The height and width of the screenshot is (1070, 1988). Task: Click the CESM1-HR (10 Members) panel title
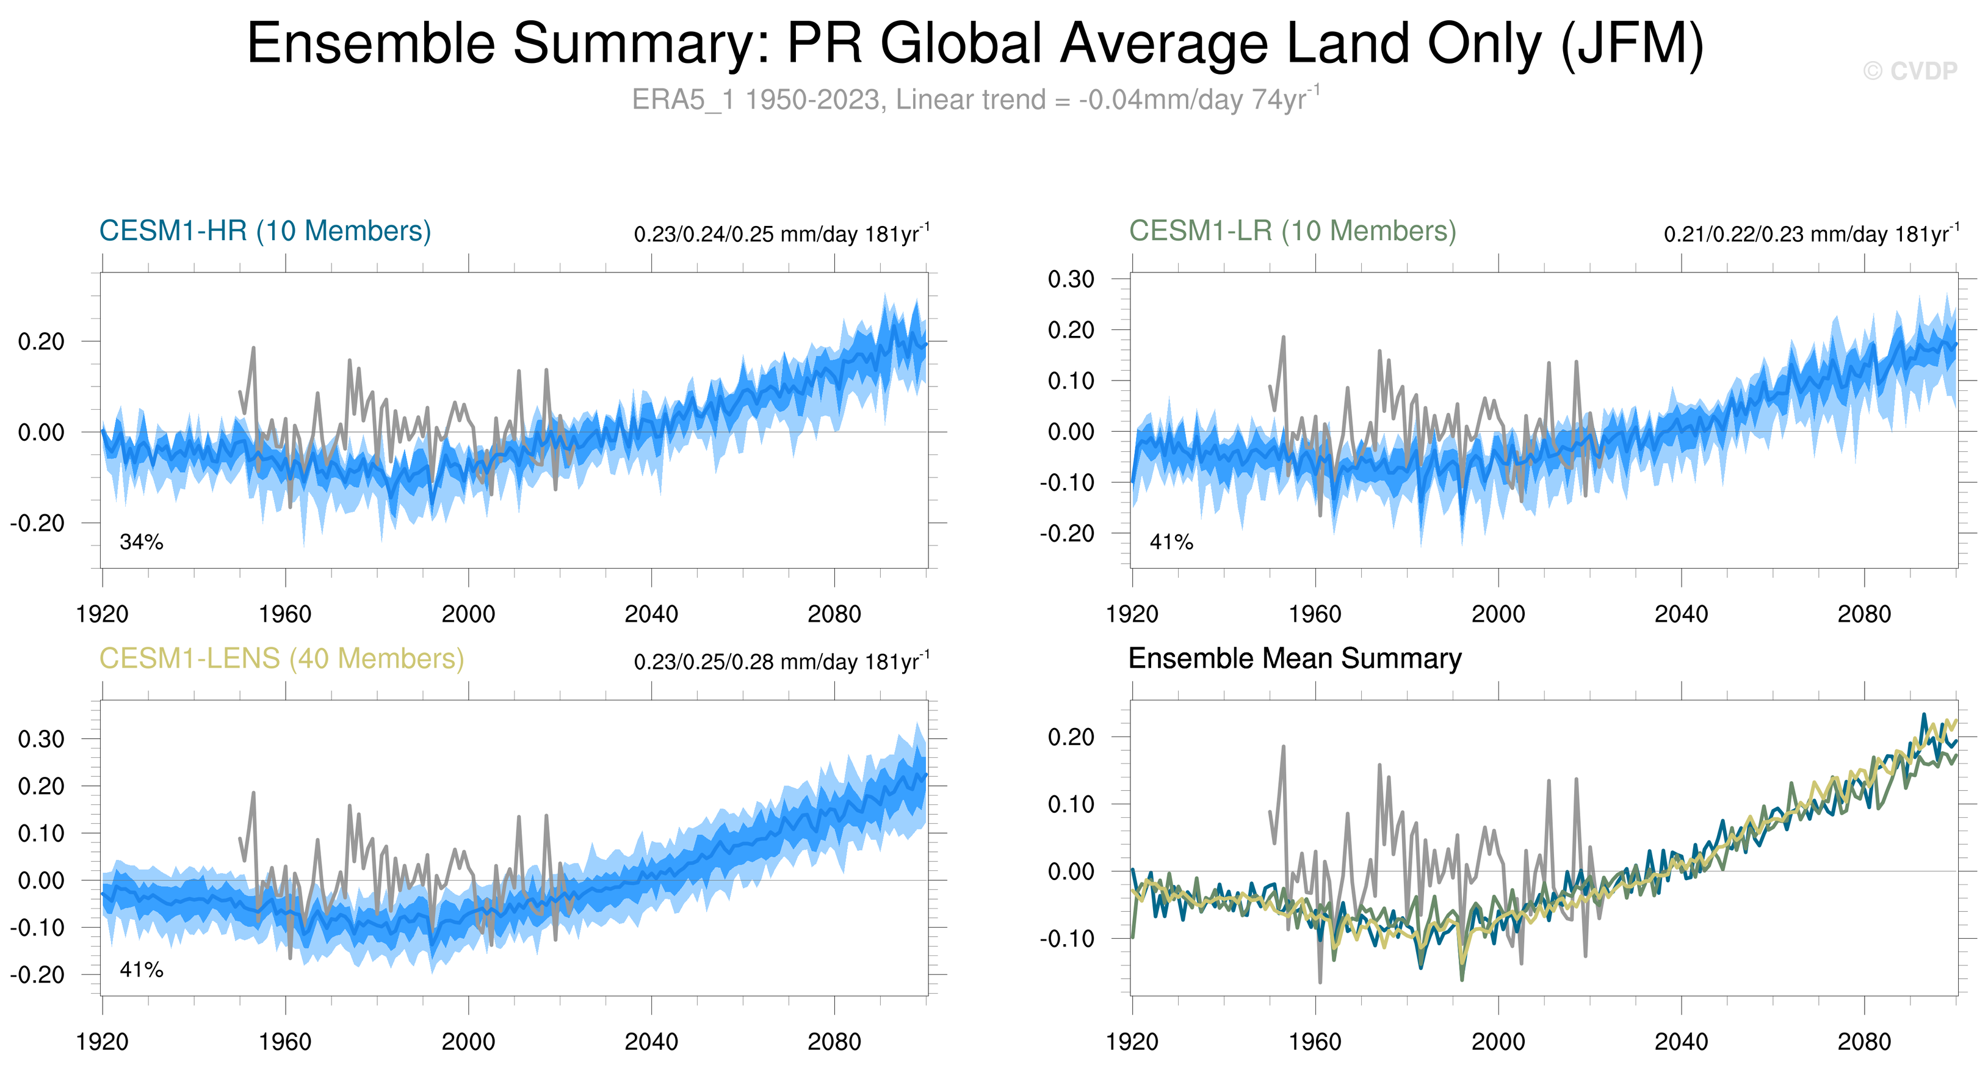pyautogui.click(x=265, y=231)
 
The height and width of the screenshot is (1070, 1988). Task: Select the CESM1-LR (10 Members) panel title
pyautogui.click(x=1292, y=231)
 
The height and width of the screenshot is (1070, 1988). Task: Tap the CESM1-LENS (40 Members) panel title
pyautogui.click(x=281, y=658)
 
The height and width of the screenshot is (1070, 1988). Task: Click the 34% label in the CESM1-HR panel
pyautogui.click(x=141, y=542)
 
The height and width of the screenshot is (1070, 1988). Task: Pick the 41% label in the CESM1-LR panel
pyautogui.click(x=1171, y=542)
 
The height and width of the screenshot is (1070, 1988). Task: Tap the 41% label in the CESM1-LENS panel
pyautogui.click(x=141, y=970)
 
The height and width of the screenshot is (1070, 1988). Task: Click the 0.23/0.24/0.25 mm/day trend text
pyautogui.click(x=781, y=234)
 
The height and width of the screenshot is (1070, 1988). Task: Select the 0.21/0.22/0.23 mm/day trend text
pyautogui.click(x=1810, y=234)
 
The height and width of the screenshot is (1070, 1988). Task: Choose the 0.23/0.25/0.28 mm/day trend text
pyautogui.click(x=781, y=661)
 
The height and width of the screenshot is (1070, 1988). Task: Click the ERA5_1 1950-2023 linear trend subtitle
pyautogui.click(x=975, y=100)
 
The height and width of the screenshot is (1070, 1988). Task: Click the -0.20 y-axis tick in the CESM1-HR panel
pyautogui.click(x=37, y=523)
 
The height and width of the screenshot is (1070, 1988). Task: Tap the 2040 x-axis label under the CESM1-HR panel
pyautogui.click(x=651, y=614)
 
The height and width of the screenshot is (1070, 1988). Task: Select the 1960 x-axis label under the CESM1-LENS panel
pyautogui.click(x=285, y=1041)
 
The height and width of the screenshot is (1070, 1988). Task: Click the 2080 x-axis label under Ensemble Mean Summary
pyautogui.click(x=1863, y=1041)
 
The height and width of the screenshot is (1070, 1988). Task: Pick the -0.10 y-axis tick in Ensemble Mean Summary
pyautogui.click(x=1066, y=939)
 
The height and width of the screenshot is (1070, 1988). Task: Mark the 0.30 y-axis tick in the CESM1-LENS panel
pyautogui.click(x=41, y=739)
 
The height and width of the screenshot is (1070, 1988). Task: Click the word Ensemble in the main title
pyautogui.click(x=370, y=43)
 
